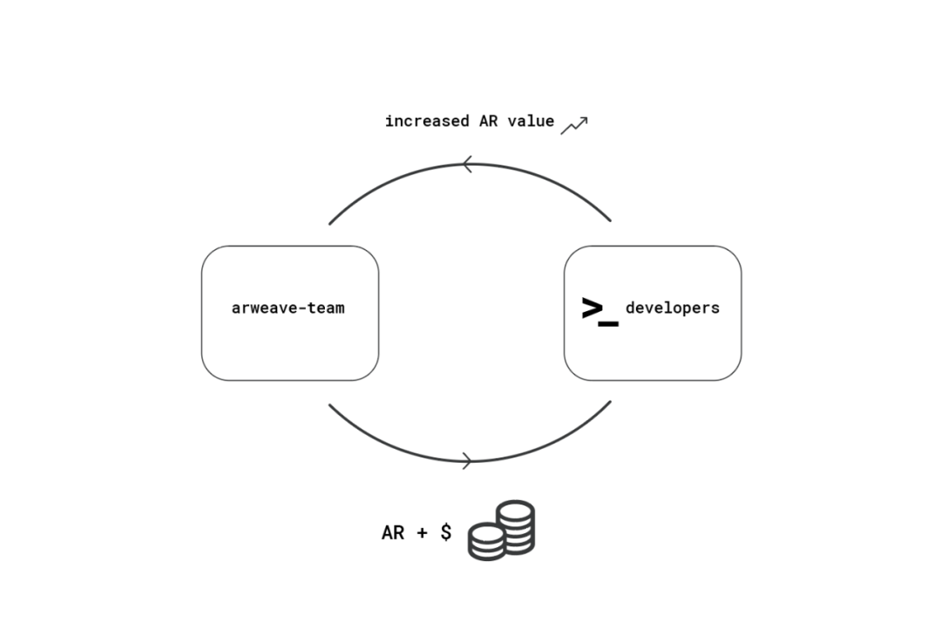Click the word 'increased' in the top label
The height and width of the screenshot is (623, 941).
(427, 120)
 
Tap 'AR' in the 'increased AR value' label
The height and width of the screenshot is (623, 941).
(489, 120)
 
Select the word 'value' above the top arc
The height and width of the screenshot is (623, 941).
(531, 120)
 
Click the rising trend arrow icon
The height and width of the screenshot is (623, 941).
(574, 125)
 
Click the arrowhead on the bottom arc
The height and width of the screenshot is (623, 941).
(468, 461)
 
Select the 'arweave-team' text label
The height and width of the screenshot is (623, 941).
(288, 308)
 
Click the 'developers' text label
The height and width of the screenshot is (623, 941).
(672, 308)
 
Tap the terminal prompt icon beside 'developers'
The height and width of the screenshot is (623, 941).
(600, 312)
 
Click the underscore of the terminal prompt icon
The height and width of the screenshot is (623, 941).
(608, 324)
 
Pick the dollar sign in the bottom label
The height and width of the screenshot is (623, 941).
(446, 532)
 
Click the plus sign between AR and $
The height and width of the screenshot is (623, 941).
(422, 532)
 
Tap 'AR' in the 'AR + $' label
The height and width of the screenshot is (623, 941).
(393, 532)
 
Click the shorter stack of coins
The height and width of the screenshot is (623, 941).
(487, 542)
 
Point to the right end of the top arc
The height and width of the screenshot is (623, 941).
(610, 220)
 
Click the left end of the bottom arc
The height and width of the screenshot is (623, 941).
(329, 405)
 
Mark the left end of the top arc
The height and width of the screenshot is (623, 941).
(329, 224)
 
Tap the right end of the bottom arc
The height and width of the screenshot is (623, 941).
(610, 402)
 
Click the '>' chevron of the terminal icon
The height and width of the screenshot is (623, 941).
(592, 308)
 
